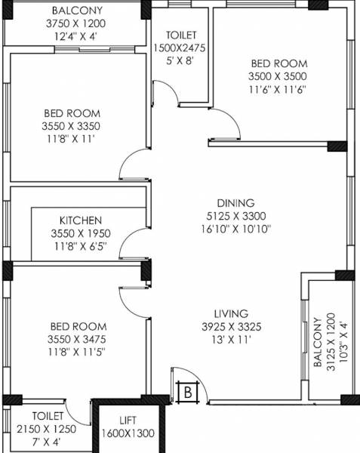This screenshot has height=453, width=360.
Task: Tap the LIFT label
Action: click(x=127, y=420)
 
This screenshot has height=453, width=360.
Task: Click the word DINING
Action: click(x=235, y=203)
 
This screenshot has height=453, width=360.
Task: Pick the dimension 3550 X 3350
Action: click(x=72, y=126)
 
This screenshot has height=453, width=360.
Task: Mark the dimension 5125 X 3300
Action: click(x=235, y=215)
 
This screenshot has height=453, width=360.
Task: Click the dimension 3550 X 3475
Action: click(x=72, y=338)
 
